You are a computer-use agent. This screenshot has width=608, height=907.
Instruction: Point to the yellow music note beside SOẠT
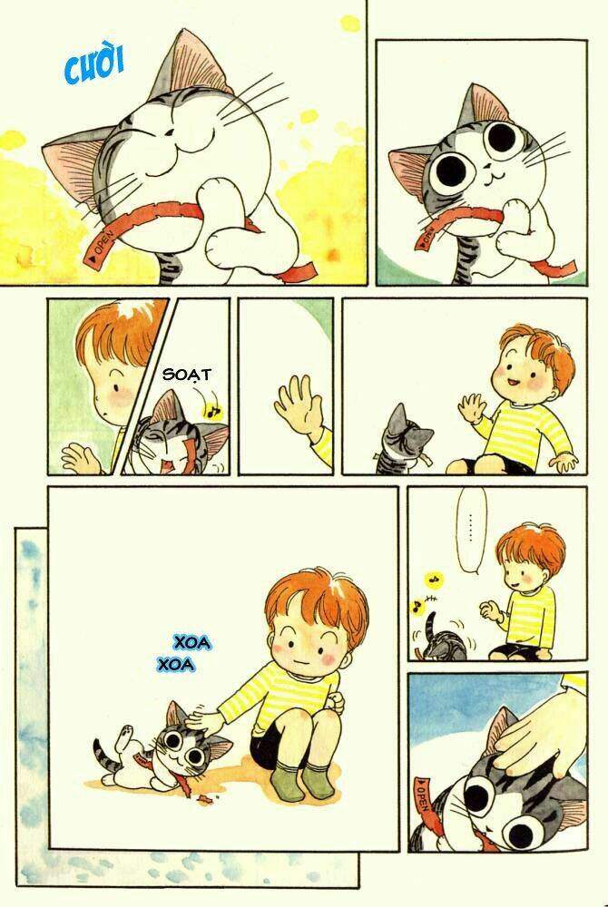point(213,411)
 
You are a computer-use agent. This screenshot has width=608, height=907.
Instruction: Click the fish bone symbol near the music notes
point(432,600)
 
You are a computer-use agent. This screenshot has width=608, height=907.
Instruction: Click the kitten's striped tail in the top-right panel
point(473,255)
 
